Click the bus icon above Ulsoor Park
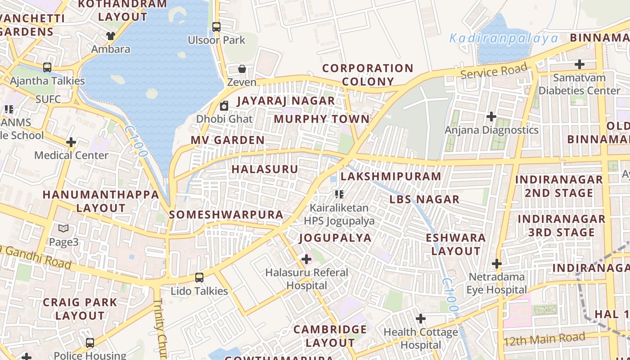pos(216,27)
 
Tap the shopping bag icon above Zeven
pos(242,69)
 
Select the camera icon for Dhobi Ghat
pos(224,106)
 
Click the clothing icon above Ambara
pos(111,36)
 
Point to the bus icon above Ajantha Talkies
pos(47,67)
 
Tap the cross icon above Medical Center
pos(71,142)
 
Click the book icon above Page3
pos(63,229)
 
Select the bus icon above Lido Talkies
pos(199,278)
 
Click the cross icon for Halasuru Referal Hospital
pos(306,259)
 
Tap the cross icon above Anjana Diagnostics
pos(491,117)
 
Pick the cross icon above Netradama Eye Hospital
pos(497,263)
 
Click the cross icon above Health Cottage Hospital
pos(421,319)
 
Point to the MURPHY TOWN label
pos(322,119)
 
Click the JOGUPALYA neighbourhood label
pos(335,238)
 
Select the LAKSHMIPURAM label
pos(391,176)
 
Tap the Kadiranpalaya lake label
pos(504,39)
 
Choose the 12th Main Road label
pos(544,338)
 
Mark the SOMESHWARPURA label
pos(226,215)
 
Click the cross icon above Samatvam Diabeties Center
pos(580,64)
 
